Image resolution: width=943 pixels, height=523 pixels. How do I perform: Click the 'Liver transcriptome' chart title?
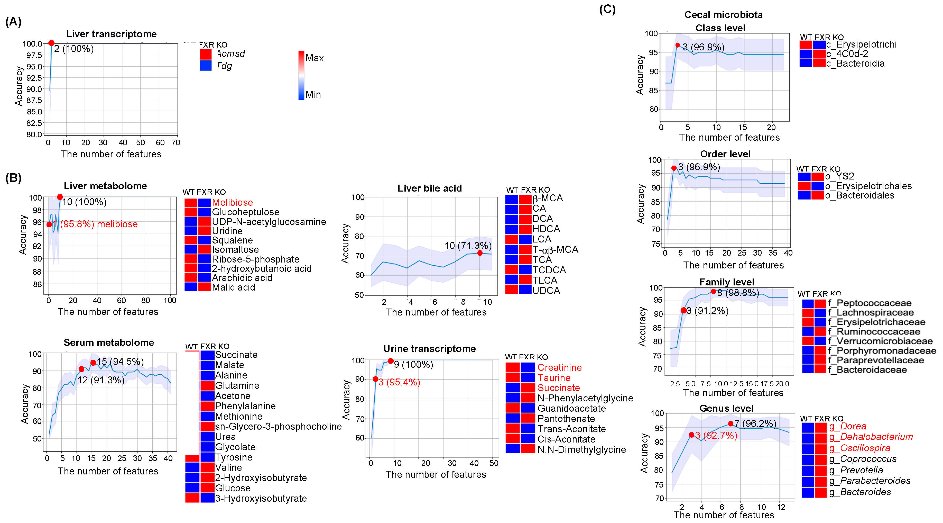coord(111,34)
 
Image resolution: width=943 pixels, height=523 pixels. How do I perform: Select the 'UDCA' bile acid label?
coord(546,291)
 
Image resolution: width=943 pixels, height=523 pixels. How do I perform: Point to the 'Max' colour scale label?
coord(315,58)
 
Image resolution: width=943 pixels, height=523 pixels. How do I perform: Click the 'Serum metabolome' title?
coord(109,342)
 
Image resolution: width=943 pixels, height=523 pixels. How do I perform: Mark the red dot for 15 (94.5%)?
coord(93,363)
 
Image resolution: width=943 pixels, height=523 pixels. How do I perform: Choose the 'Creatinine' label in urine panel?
coord(559,368)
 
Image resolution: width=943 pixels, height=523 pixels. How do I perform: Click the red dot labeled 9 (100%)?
coord(391,361)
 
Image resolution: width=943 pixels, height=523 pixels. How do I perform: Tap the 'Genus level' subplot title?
coord(726,408)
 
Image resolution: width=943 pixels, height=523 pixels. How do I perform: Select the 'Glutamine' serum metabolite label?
coord(237,386)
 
